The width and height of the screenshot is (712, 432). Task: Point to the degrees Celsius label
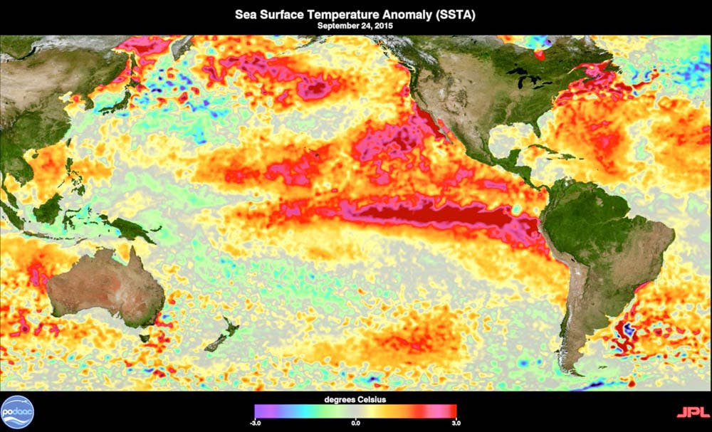(x=355, y=399)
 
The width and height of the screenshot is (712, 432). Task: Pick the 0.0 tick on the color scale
(x=355, y=422)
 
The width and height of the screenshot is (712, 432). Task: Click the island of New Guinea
(x=128, y=228)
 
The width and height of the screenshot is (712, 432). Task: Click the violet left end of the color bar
(x=258, y=411)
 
